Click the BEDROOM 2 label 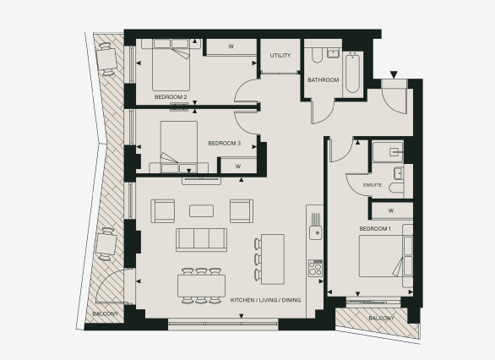[171, 97]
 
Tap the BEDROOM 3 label [225, 143]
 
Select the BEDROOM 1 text [375, 229]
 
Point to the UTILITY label [280, 56]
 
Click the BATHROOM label [323, 80]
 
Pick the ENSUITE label [373, 183]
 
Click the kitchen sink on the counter [316, 230]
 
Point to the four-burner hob [316, 268]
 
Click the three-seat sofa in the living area [201, 239]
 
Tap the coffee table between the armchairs [201, 210]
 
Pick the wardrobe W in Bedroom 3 [238, 166]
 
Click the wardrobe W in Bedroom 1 [390, 210]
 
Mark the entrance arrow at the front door [391, 74]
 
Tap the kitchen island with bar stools [272, 257]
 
